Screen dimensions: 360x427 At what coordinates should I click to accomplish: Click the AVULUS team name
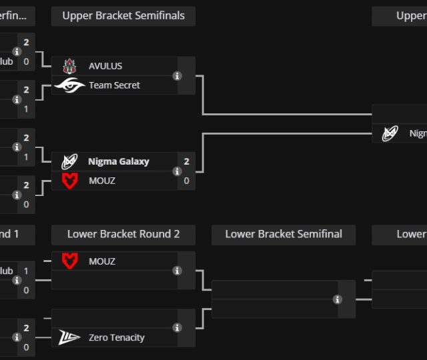click(105, 66)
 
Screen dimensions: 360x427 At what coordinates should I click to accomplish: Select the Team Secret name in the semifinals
click(114, 85)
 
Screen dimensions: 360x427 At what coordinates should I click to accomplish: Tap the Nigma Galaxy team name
click(119, 161)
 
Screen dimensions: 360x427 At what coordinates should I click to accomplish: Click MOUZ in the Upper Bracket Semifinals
click(102, 181)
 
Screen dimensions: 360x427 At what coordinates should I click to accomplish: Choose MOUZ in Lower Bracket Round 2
click(102, 261)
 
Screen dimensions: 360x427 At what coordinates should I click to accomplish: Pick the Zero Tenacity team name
click(116, 337)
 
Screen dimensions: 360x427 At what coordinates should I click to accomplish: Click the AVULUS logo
click(70, 66)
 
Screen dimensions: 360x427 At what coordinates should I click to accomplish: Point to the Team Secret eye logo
click(70, 85)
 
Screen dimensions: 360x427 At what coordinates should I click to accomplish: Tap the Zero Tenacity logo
click(70, 337)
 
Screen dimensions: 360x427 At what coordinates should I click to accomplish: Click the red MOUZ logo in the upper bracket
click(70, 181)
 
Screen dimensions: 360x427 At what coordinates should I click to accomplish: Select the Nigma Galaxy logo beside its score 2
click(70, 161)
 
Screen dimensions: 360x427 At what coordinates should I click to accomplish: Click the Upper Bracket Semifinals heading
click(123, 16)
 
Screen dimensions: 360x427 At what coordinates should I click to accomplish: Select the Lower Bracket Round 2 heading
click(123, 234)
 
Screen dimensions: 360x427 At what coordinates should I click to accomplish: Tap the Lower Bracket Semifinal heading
click(284, 234)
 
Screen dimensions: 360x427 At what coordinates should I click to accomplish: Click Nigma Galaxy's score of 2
click(187, 161)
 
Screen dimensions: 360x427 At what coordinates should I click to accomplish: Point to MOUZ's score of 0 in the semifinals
click(187, 181)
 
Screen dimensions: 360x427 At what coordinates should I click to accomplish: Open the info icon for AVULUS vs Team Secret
click(177, 76)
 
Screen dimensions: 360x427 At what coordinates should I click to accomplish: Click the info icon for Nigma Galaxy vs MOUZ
click(177, 171)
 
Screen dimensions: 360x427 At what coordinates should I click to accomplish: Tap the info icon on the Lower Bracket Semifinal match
click(338, 299)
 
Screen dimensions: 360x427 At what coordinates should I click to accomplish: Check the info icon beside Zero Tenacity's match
click(177, 327)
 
